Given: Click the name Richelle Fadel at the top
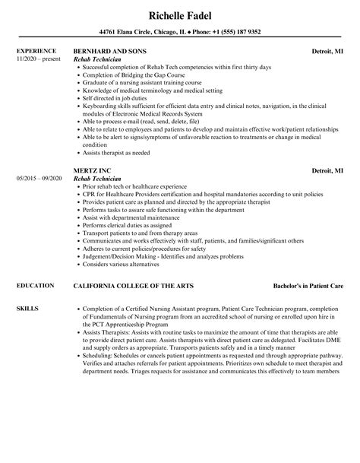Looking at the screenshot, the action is coord(180,13).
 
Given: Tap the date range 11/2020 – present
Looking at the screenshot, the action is coord(38,59).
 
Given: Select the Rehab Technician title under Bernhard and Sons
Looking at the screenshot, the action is coord(101,59).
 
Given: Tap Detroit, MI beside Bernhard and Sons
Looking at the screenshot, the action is coord(327,51).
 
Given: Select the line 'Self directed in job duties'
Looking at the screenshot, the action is coord(115,100).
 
